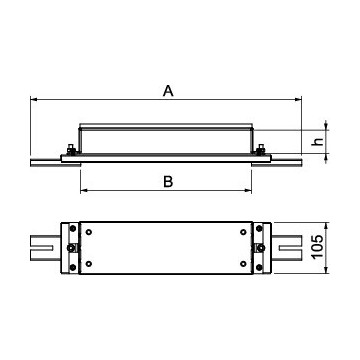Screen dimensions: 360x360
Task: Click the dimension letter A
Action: [168, 91]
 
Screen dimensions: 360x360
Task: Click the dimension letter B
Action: [168, 182]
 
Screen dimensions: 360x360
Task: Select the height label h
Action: [318, 141]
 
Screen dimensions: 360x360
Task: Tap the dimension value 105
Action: [318, 247]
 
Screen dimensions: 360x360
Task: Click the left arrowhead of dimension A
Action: [34, 99]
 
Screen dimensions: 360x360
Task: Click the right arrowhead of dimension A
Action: [298, 99]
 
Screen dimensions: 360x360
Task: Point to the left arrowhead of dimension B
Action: [84, 190]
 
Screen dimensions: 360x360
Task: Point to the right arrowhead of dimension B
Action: [248, 190]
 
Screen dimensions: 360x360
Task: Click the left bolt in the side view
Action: [71, 150]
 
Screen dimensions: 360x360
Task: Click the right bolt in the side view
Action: [261, 150]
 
